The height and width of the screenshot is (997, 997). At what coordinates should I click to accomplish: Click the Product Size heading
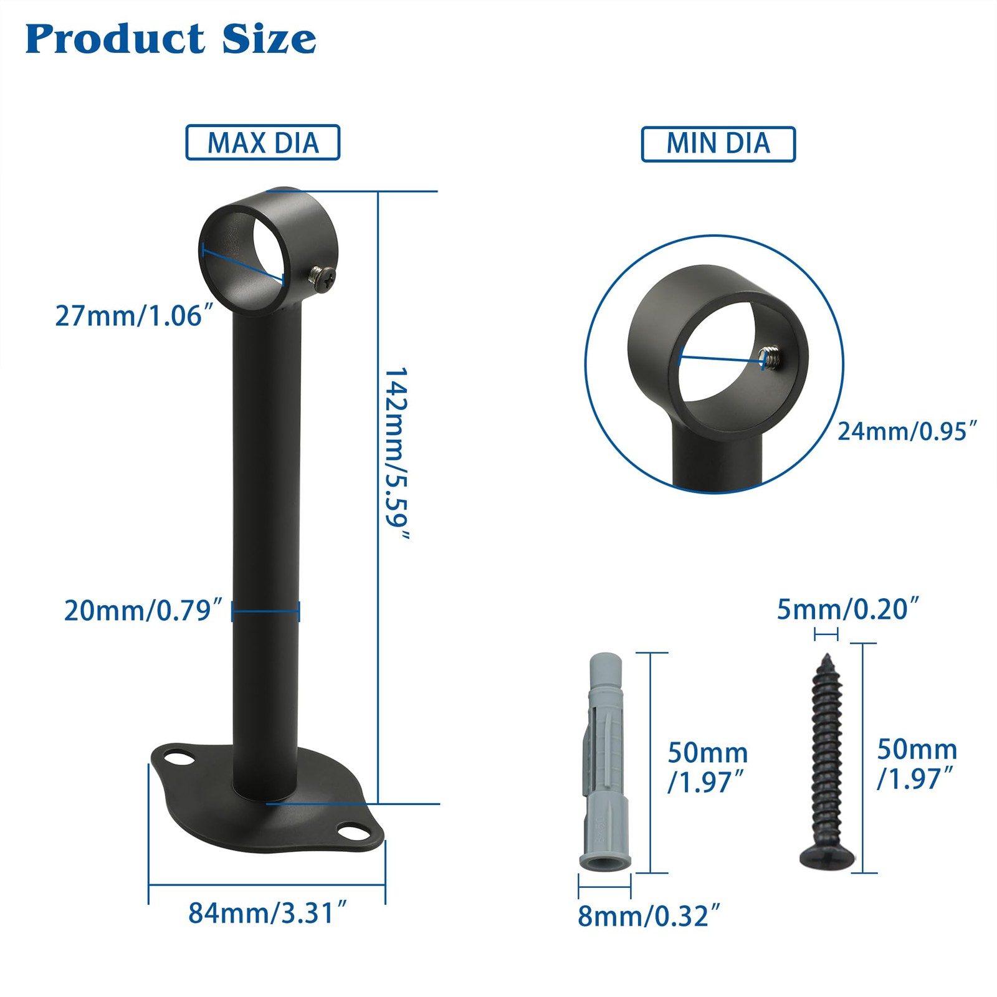(171, 39)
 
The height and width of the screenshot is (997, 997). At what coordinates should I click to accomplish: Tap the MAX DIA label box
(263, 143)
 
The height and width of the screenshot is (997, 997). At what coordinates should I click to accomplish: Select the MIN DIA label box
(718, 144)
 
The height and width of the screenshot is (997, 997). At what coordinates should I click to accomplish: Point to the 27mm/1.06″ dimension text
(135, 316)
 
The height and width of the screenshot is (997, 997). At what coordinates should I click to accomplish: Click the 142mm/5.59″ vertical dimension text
(396, 454)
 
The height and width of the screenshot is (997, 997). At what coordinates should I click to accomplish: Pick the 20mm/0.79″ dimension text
(143, 611)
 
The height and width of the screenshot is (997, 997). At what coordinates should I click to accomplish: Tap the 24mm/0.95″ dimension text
(907, 431)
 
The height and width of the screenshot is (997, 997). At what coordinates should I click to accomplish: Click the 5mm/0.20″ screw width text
(848, 609)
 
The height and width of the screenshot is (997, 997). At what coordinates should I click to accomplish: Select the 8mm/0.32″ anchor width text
(649, 916)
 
